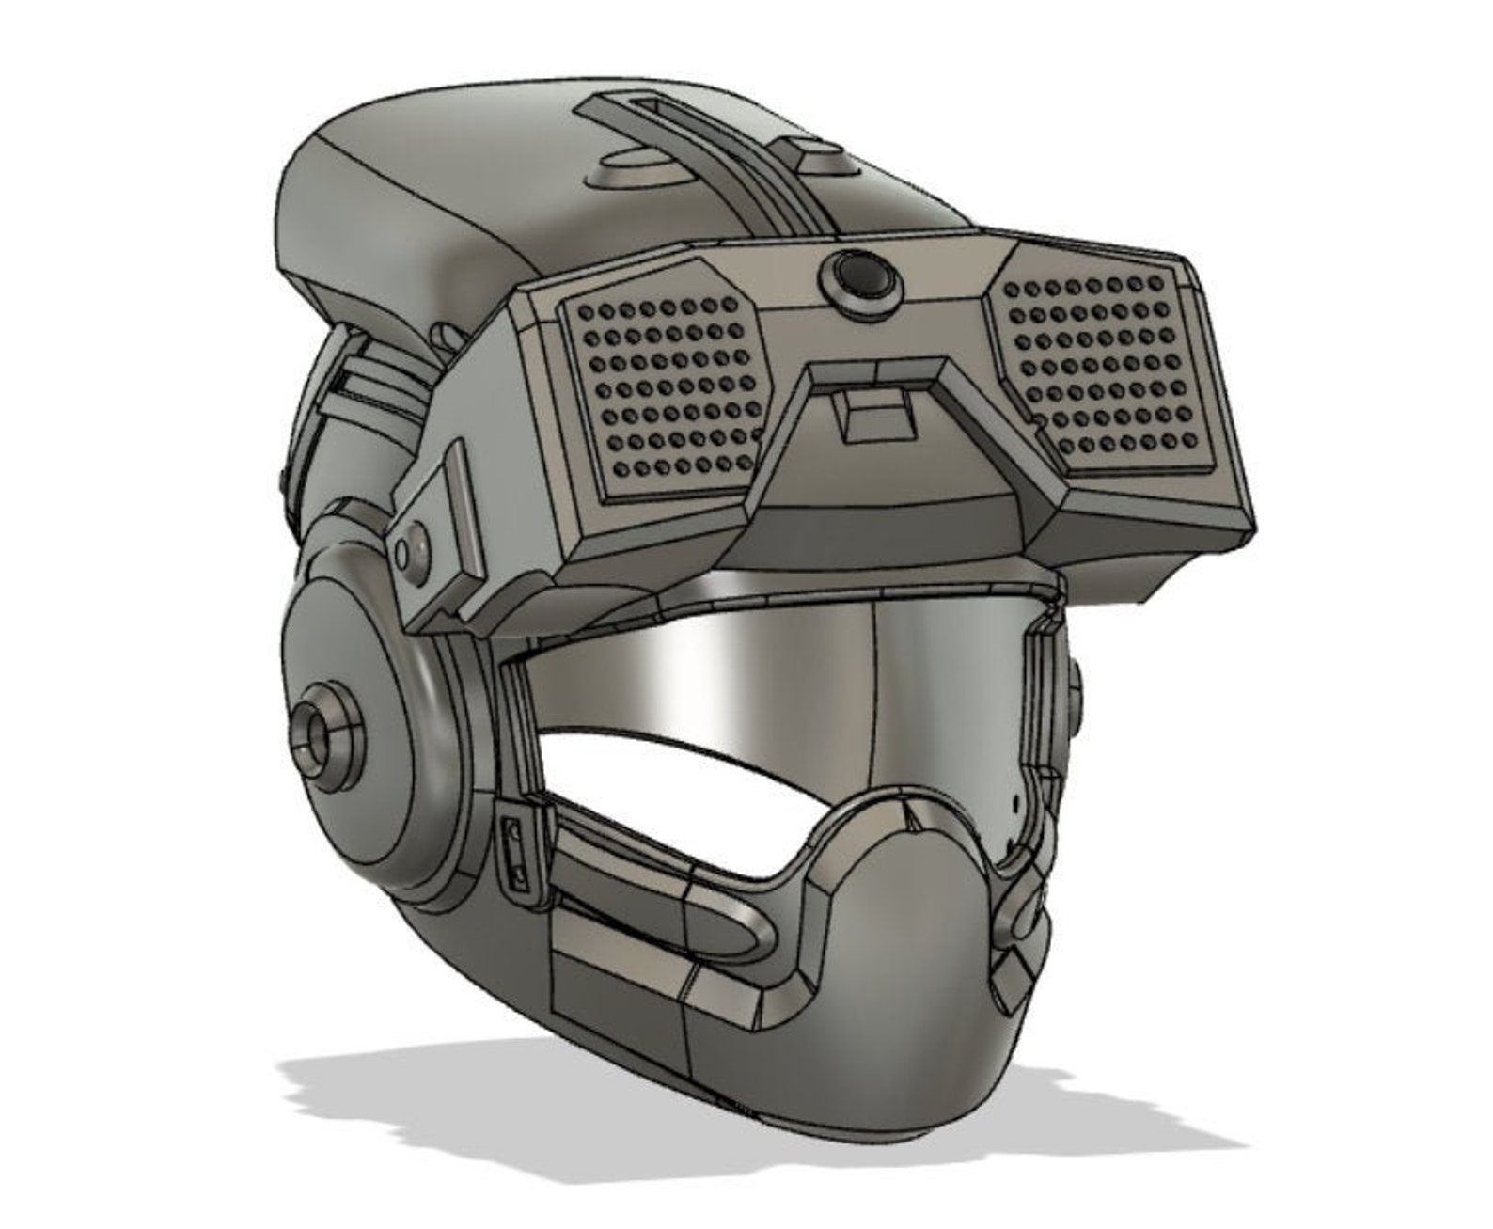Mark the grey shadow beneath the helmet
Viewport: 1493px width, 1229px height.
point(564,1081)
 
